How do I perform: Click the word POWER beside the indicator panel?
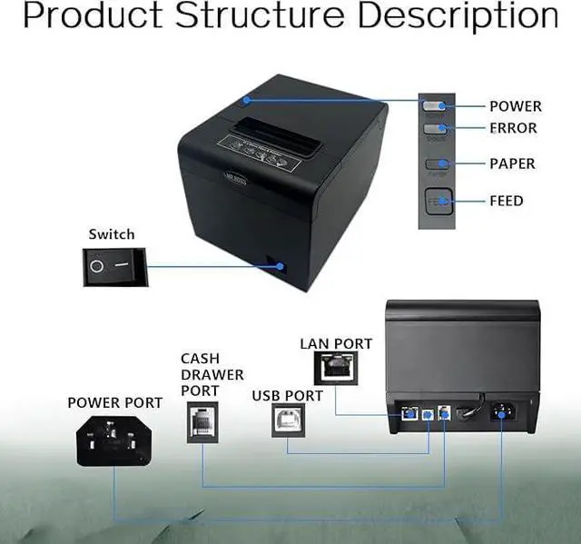515,106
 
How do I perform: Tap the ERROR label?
513,128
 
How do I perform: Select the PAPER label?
512,163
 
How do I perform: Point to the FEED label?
507,200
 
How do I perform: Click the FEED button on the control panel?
439,201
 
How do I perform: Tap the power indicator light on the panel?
434,106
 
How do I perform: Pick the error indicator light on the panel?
434,129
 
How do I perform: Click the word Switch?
111,234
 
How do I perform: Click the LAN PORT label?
336,343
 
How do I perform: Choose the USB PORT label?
287,396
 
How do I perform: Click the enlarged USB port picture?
288,422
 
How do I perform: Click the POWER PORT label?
114,402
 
